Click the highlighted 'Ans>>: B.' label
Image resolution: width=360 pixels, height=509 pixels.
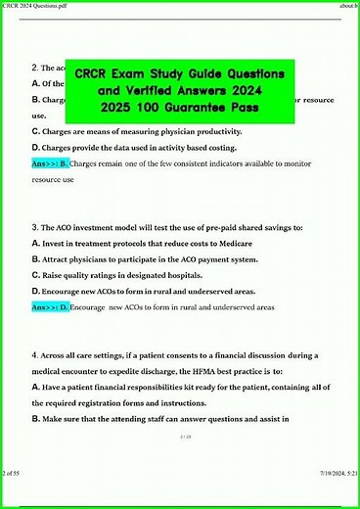point(50,164)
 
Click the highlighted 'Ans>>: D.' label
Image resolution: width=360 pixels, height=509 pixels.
point(50,307)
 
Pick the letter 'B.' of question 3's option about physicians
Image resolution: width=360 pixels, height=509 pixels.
point(36,259)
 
